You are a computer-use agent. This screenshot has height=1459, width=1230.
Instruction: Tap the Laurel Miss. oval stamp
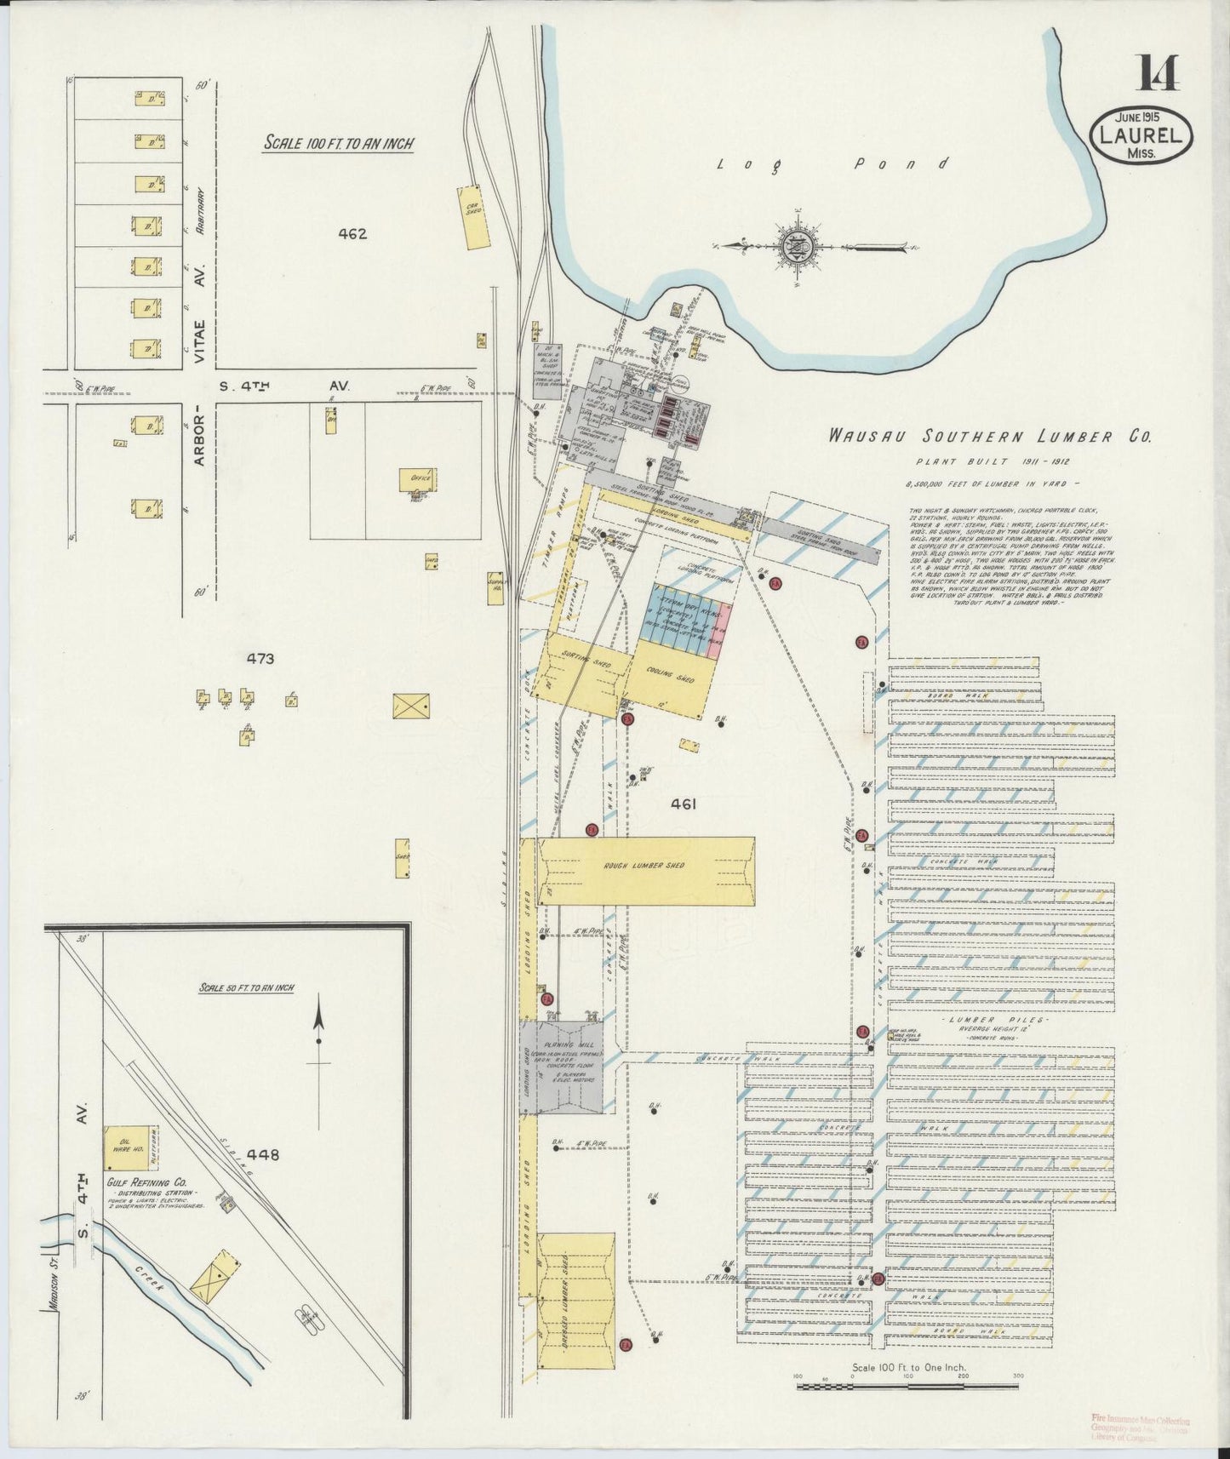(x=1141, y=135)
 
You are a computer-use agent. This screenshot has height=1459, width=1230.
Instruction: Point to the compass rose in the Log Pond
(x=798, y=246)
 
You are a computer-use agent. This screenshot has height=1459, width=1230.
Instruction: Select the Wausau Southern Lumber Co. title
(x=991, y=437)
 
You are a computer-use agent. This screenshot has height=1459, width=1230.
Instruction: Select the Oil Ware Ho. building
(x=119, y=1147)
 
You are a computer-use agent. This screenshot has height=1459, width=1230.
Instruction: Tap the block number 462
(x=352, y=233)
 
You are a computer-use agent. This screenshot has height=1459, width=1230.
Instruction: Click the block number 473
(x=259, y=658)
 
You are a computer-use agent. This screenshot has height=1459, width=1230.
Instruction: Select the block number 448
(x=262, y=1155)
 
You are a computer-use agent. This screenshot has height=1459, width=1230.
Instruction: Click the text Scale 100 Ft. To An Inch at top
(x=338, y=142)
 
